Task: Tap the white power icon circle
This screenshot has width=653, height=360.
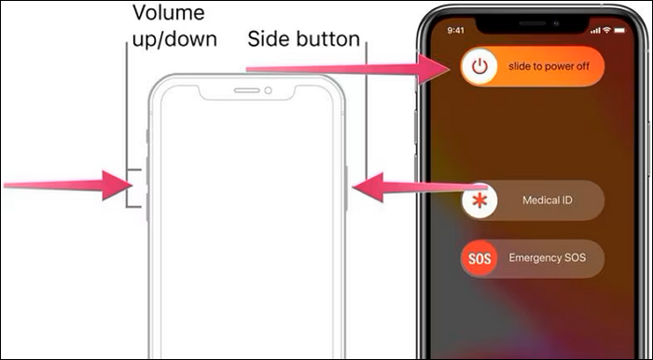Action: coord(479,66)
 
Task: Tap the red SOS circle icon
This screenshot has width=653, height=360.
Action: coord(479,257)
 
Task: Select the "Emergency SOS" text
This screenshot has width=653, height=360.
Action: coord(548,257)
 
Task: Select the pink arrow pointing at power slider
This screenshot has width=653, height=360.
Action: coord(345,67)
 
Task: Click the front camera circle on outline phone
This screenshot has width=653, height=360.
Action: coord(268,91)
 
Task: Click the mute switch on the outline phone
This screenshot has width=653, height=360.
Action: coord(147,137)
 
